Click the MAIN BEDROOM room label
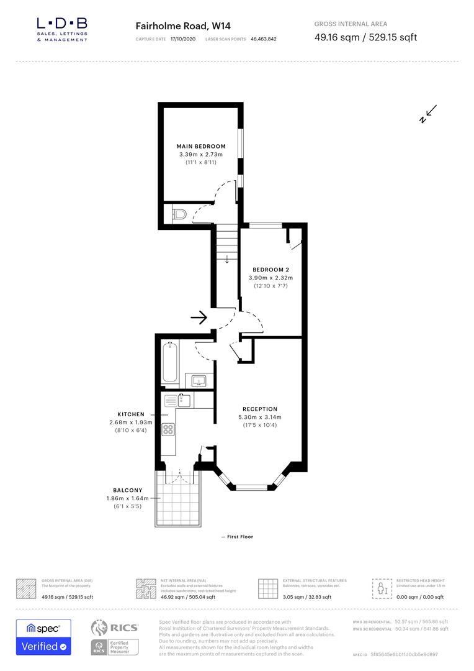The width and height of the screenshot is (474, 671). (x=201, y=147)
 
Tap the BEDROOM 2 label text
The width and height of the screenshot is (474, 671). (x=270, y=270)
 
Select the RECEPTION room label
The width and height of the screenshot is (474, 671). (x=260, y=409)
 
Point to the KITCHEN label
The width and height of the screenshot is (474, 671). (x=131, y=414)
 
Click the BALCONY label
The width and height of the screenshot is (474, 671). (x=128, y=490)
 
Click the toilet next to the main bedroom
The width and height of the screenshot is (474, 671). (x=179, y=215)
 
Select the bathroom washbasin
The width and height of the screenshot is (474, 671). (x=199, y=380)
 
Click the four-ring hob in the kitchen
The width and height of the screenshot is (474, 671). (x=168, y=429)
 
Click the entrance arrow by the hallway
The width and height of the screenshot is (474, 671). (x=199, y=318)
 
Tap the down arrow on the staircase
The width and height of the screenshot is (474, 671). (x=227, y=258)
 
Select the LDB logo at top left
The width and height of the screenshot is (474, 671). (x=62, y=29)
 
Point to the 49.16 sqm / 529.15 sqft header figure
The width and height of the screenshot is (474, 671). (x=365, y=37)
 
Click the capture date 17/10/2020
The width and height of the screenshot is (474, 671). (x=183, y=39)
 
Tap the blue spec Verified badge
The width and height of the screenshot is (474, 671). (x=43, y=637)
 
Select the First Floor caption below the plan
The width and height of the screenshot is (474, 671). (x=237, y=537)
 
